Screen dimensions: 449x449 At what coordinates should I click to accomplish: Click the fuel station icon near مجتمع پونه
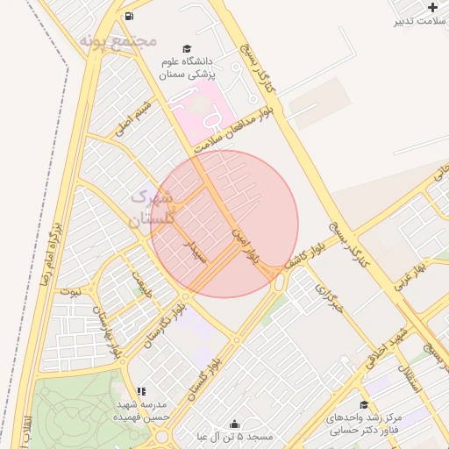[130, 16]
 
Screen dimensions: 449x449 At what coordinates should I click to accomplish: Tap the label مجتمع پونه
[118, 40]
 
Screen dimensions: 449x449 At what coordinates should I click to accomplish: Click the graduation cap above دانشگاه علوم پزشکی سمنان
[186, 48]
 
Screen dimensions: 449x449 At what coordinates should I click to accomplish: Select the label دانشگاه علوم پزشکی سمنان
[187, 68]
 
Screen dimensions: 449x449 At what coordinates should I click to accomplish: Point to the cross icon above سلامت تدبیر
[431, 7]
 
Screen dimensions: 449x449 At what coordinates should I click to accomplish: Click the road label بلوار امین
[246, 243]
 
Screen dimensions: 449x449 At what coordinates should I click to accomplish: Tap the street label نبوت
[69, 291]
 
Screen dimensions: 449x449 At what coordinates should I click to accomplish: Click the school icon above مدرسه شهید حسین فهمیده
[141, 392]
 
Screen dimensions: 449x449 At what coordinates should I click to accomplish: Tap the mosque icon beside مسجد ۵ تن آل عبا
[233, 424]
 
